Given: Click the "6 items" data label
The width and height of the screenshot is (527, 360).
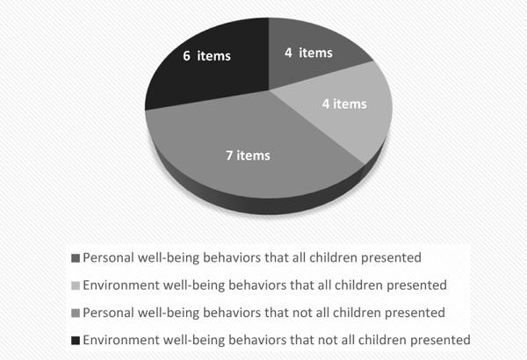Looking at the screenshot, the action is coord(206,56).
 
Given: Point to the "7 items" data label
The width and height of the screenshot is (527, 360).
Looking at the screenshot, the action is coord(248,155).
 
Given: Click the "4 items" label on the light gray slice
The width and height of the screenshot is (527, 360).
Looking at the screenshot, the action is coord(344,104).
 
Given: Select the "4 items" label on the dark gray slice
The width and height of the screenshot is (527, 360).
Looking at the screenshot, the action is coord(308,53).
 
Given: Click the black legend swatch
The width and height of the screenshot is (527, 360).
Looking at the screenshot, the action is coord(76,341).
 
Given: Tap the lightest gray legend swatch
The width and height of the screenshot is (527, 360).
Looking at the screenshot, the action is coord(76,285).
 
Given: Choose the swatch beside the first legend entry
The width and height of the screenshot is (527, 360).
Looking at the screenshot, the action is coord(76,258).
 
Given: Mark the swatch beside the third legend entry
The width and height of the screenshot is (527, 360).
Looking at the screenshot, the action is coord(76,313).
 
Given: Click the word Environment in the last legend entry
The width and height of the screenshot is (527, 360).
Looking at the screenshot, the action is coord(121,340).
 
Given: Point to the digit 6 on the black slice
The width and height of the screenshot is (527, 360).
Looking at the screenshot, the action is coord(186,56).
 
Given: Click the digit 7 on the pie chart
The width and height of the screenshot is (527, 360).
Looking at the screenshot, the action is coord(229,155).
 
